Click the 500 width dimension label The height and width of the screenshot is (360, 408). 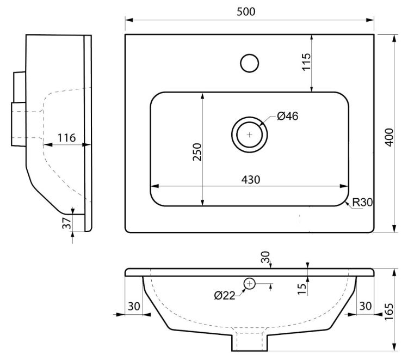pyautogui.click(x=246, y=11)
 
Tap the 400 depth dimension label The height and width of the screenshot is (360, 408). pyautogui.click(x=390, y=137)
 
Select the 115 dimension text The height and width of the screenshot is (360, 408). pyautogui.click(x=306, y=62)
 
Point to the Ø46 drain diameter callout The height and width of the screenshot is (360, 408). pyautogui.click(x=287, y=116)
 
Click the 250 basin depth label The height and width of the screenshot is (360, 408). pyautogui.click(x=197, y=152)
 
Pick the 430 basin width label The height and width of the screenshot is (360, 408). pyautogui.click(x=251, y=180)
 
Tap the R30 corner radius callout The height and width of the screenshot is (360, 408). pyautogui.click(x=362, y=202)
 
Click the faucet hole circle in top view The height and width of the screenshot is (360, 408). pyautogui.click(x=249, y=63)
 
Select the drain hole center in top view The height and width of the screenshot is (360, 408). pyautogui.click(x=250, y=135)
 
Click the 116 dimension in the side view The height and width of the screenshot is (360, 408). pyautogui.click(x=66, y=138)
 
